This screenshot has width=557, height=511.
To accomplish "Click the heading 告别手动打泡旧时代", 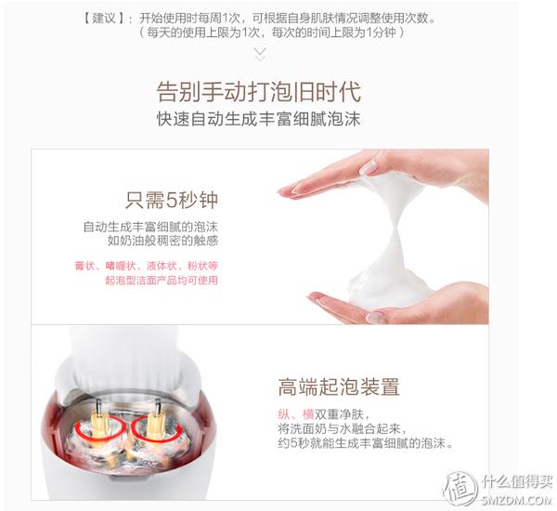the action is [259, 92].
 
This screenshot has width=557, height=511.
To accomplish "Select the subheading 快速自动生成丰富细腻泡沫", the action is [259, 119].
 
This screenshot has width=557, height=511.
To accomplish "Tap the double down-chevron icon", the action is [260, 55].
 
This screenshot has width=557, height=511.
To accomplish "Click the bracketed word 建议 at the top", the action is [104, 19].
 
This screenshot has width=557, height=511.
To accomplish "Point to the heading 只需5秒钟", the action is [171, 200].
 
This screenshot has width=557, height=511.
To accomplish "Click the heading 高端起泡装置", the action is [339, 387].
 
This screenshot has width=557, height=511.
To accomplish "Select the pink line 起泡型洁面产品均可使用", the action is [162, 281].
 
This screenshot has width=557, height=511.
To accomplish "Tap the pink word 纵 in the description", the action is [284, 414].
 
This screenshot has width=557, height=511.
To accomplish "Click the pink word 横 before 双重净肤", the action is [308, 414].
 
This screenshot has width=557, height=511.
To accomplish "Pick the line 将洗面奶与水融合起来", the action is [342, 428].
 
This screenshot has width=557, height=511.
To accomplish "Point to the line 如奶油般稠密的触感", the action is [162, 241].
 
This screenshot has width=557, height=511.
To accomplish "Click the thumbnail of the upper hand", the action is [369, 167].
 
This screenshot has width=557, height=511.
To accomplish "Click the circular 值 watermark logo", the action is [460, 488].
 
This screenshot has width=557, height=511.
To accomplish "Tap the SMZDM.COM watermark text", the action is [517, 500].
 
